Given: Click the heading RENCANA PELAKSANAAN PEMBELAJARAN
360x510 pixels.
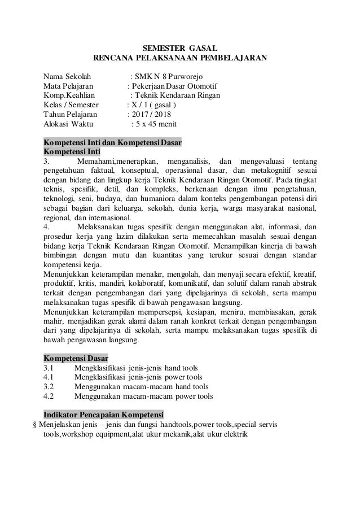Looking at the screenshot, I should point(179,58).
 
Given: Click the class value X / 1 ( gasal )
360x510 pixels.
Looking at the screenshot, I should point(153,105).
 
